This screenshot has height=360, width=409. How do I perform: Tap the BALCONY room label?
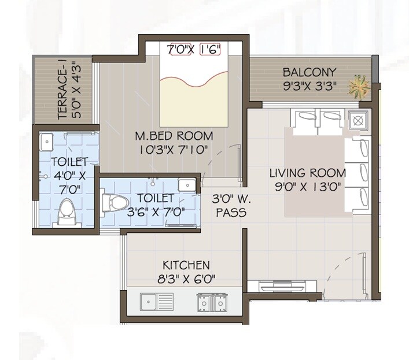point(309,73)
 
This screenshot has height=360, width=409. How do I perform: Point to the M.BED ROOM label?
point(174,136)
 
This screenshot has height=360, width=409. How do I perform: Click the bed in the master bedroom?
point(193,87)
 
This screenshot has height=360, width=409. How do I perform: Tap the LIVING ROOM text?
point(308,173)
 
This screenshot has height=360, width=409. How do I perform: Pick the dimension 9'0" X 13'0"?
point(308,187)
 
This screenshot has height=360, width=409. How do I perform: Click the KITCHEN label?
point(186,265)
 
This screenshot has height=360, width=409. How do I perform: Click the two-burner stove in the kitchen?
point(212,302)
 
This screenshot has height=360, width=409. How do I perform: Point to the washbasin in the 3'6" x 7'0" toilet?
point(186,185)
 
